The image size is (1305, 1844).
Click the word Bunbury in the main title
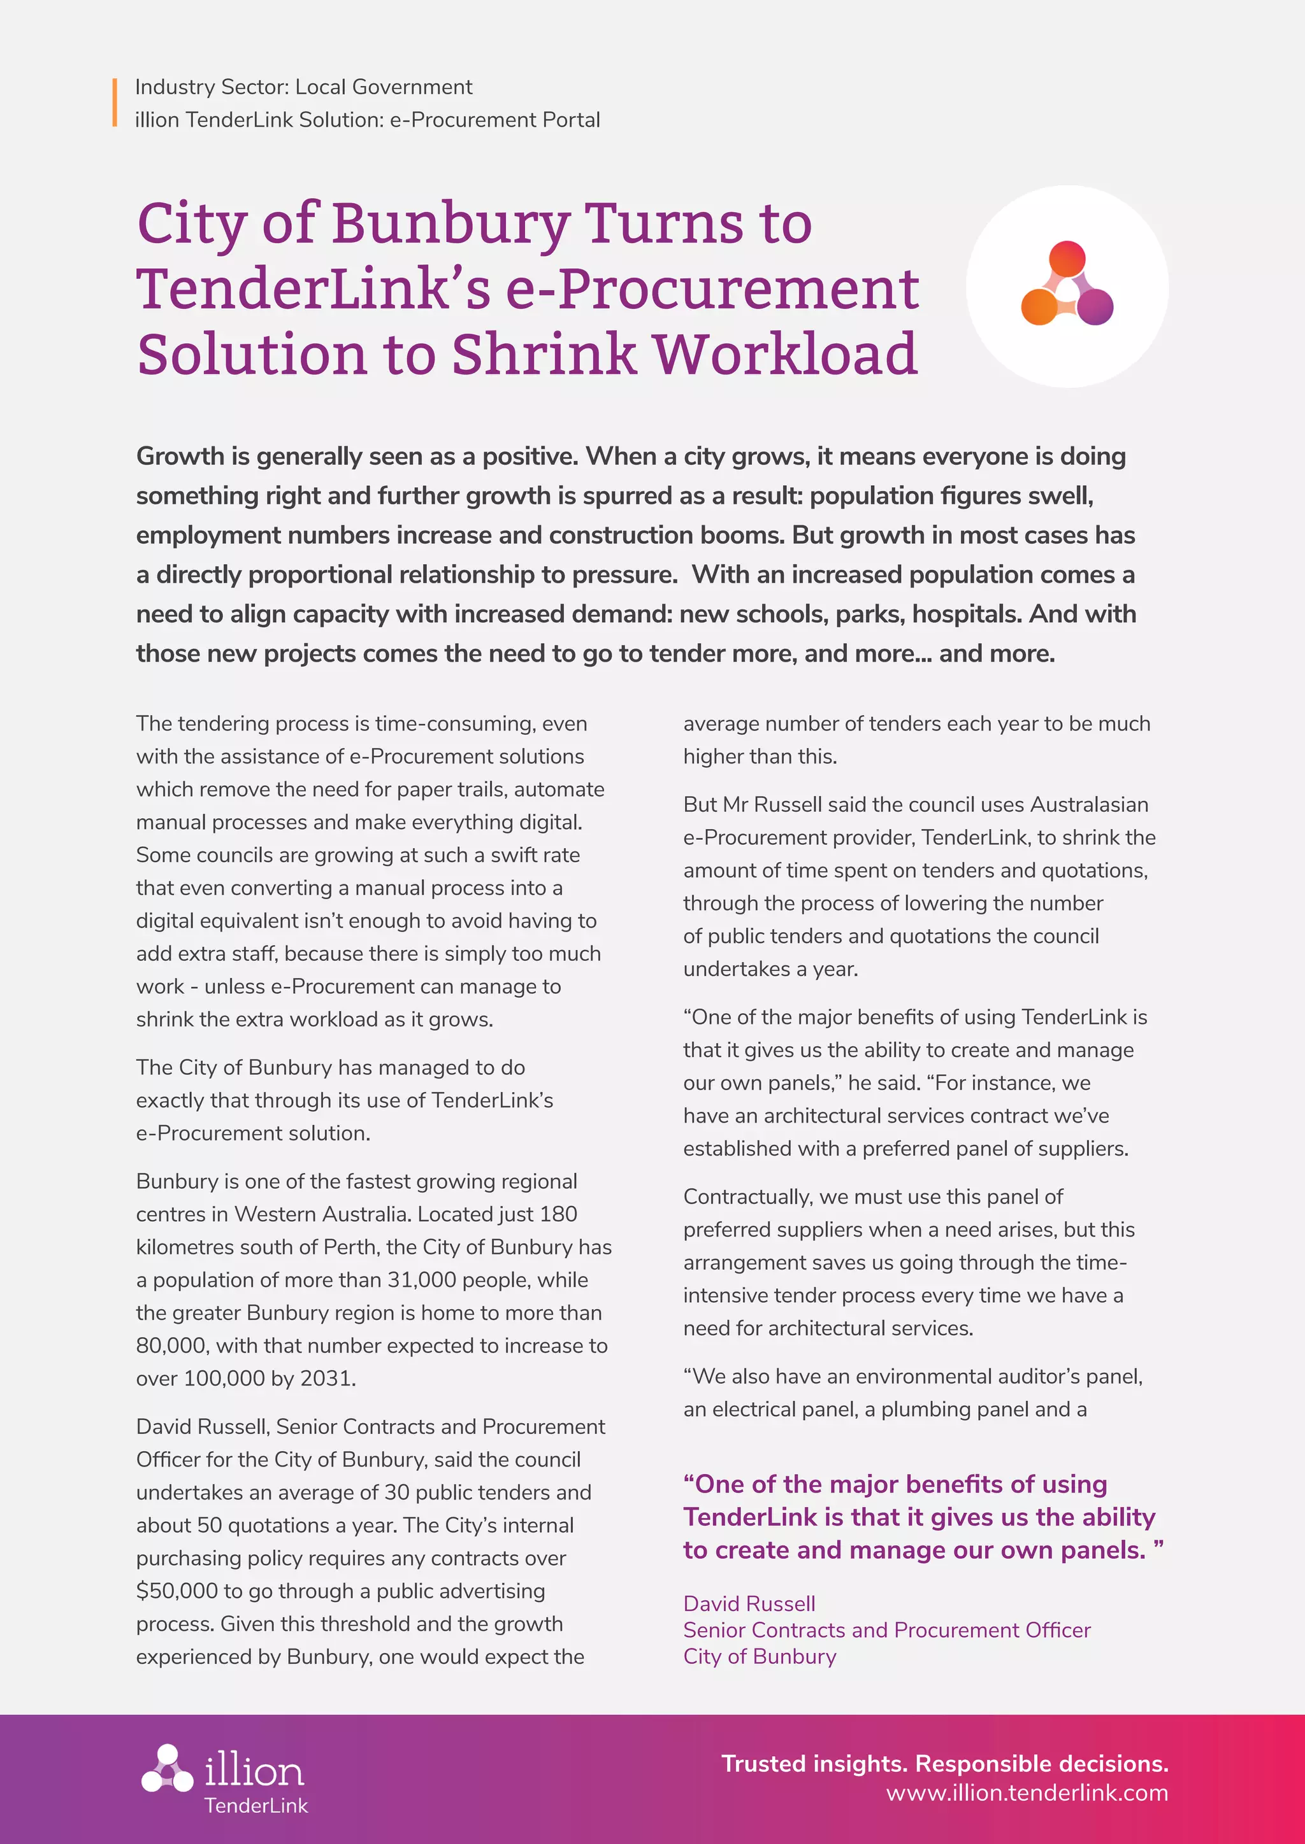(x=450, y=223)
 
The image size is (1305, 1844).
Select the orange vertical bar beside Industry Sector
(x=115, y=103)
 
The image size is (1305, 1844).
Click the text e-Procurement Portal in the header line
(x=495, y=120)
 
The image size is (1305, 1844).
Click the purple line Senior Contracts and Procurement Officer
(x=886, y=1630)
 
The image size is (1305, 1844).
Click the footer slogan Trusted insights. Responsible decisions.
(x=944, y=1764)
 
